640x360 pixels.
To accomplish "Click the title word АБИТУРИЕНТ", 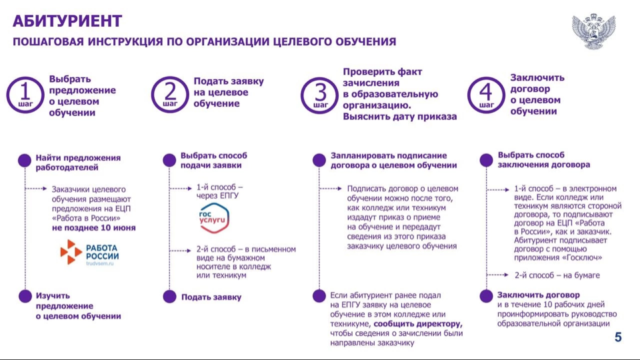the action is coord(67,21).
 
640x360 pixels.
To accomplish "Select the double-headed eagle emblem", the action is coord(593,31).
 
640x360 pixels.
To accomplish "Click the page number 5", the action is coord(618,337).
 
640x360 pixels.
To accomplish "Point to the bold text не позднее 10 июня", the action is coord(93,228).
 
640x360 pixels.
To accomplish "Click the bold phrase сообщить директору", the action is coord(418,324).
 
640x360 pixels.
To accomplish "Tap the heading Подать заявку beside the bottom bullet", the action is coord(211,297).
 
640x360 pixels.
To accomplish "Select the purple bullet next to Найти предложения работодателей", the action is coord(25,160).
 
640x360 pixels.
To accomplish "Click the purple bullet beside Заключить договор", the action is coord(486,296).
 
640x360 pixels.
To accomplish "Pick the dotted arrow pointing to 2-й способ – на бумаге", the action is coord(498,275).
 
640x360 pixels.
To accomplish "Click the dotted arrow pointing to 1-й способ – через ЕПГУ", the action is coord(181,188).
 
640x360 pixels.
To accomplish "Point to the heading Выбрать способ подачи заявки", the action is coord(214,161).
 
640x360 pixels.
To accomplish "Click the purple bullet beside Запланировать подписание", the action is coord(319,160).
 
